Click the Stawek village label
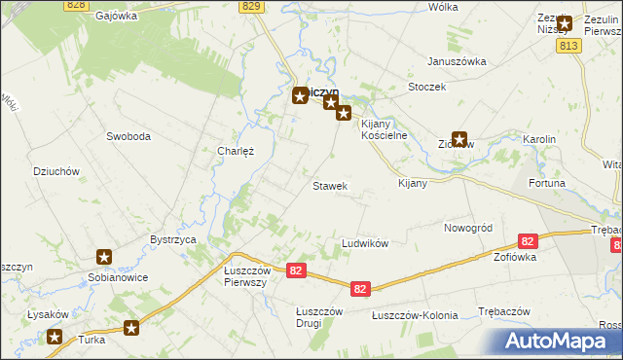coord(329,186)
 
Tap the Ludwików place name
coord(365,243)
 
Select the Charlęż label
coord(236,152)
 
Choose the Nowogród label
coord(468,228)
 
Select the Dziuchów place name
coord(55,171)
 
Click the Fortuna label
coord(546,184)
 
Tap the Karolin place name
coord(538,140)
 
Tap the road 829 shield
coord(252,6)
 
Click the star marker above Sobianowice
coord(104,257)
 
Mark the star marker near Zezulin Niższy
coord(564,21)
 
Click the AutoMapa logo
coord(559,341)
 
